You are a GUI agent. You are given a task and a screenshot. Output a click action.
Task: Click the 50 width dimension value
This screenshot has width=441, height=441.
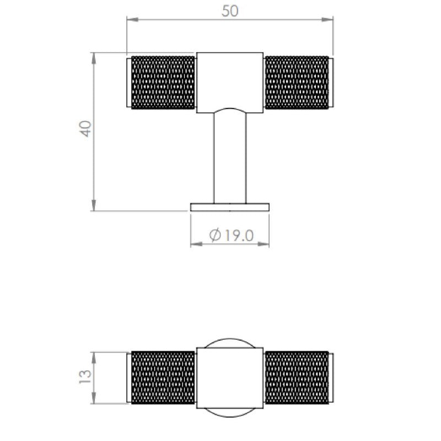pos(230,12)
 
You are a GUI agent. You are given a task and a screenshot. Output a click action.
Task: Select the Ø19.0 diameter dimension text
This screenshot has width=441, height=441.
pos(232,235)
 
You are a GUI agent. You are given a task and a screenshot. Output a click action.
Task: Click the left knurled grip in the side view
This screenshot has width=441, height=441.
pos(163,82)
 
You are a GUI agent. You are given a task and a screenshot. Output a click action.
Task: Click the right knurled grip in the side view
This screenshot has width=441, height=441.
pos(297,82)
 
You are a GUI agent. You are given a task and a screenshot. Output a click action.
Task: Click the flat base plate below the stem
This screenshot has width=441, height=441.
pos(230,206)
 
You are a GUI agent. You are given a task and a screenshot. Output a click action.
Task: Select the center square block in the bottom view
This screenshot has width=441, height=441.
pos(230,378)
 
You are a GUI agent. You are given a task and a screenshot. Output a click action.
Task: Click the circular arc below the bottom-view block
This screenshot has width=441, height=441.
pos(230,414)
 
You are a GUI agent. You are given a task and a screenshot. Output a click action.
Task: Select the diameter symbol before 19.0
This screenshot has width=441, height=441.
pos(216,235)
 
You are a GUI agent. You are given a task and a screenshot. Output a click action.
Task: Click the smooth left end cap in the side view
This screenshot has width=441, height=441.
pos(129,82)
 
